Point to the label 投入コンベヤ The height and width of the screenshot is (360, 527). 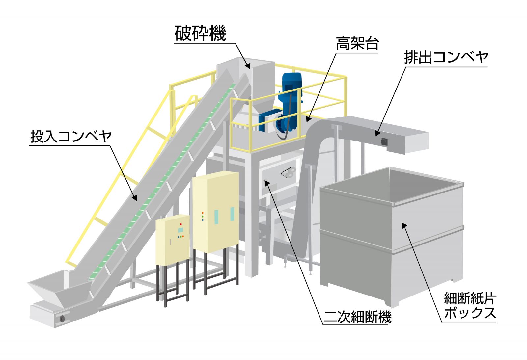pos(71,136)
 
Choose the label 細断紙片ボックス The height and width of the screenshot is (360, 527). pos(470,306)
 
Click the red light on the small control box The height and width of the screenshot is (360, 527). pos(181,224)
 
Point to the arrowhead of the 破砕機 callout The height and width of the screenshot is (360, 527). pos(248,65)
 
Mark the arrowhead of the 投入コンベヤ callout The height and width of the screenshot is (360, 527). pos(135,198)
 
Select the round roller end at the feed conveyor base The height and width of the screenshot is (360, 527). pos(62,319)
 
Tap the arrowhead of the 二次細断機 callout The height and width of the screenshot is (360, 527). pos(267,181)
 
